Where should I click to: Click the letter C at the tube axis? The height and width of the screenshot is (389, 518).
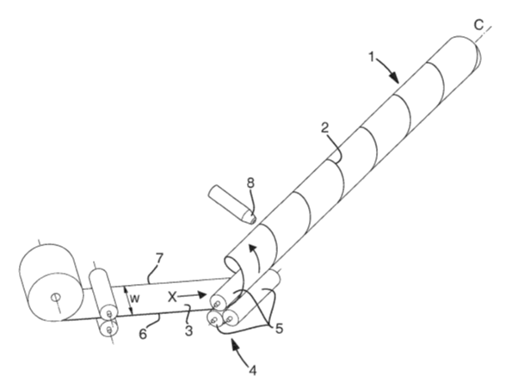pos(478,25)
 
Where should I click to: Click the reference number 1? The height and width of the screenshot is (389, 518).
pos(372,57)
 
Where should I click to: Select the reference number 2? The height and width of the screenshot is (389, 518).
pos(325,128)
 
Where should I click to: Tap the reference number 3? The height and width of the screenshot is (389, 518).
pos(188,330)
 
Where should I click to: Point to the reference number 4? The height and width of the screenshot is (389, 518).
pos(252,370)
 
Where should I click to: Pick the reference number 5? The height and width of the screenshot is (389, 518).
pos(279,329)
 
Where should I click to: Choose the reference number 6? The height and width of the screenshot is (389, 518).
pos(143,334)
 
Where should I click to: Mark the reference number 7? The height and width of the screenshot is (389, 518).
pos(160,259)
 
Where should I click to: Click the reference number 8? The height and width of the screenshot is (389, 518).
pos(251,182)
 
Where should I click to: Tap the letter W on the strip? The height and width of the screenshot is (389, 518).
pos(134,299)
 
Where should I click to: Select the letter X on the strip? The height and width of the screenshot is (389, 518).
pos(172,297)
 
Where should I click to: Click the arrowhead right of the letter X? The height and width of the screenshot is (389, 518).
pos(201,295)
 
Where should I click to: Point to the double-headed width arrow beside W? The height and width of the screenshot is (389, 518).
pos(128,300)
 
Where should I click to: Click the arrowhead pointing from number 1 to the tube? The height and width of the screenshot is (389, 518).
pos(394,77)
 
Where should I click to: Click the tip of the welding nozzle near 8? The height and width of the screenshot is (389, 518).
pos(254,219)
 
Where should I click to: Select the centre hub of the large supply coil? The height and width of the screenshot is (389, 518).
pos(55,297)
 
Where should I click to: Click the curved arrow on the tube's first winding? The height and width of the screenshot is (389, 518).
pos(255,256)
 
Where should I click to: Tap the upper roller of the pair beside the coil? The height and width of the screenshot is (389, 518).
pos(104,293)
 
